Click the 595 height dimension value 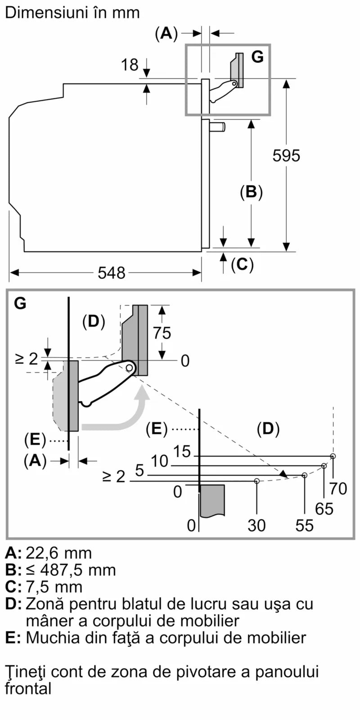click(x=286, y=156)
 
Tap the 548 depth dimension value click(x=112, y=273)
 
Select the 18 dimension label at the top click(x=130, y=65)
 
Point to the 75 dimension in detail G click(x=162, y=333)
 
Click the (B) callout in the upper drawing click(x=251, y=192)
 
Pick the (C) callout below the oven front click(x=242, y=264)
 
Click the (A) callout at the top click(x=166, y=33)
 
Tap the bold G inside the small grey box click(x=257, y=57)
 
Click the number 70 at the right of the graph click(x=338, y=488)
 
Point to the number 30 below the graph click(x=256, y=525)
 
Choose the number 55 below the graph click(x=305, y=525)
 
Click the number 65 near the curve click(x=324, y=509)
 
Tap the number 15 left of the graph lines click(x=182, y=451)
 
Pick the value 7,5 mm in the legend click(x=54, y=587)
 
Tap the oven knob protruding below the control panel click(x=218, y=127)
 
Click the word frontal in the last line click(x=28, y=688)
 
